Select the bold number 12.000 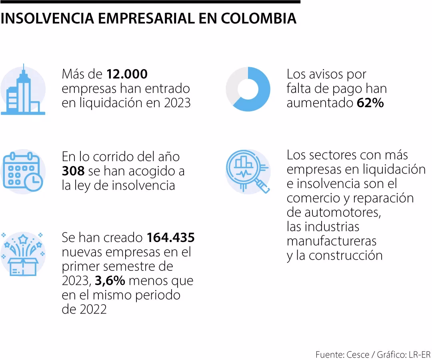pyautogui.click(x=127, y=74)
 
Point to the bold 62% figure pyautogui.click(x=370, y=103)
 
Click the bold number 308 pyautogui.click(x=73, y=171)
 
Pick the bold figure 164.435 pyautogui.click(x=170, y=238)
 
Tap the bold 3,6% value pyautogui.click(x=110, y=281)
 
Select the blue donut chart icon pyautogui.click(x=248, y=89)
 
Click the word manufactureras pyautogui.click(x=332, y=241)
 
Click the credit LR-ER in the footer pyautogui.click(x=419, y=354)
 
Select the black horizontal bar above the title pyautogui.click(x=150, y=2)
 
